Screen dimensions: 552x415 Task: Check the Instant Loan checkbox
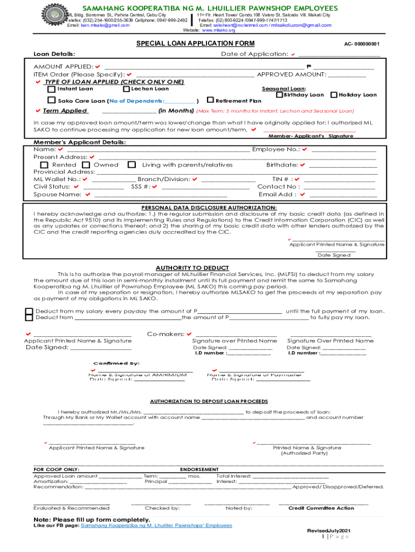tap(51, 89)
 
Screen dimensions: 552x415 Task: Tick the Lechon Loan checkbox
tap(126, 89)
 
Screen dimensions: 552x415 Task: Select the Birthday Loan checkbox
tap(279, 95)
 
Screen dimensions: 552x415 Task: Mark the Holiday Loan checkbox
tap(334, 95)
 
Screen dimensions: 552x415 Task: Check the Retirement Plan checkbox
tap(210, 100)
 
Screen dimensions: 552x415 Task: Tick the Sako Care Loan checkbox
tap(51, 101)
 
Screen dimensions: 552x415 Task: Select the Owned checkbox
tap(85, 165)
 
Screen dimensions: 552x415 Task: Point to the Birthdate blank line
tap(343, 165)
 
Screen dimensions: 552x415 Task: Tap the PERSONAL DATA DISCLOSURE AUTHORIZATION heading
tap(209, 208)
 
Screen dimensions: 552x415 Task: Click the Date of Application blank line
tap(339, 54)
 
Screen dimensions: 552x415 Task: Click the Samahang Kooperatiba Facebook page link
tap(156, 525)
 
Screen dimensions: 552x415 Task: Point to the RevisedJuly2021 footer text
tap(328, 531)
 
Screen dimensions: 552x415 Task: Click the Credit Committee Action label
tap(321, 508)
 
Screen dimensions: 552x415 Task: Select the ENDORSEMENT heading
tap(199, 470)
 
